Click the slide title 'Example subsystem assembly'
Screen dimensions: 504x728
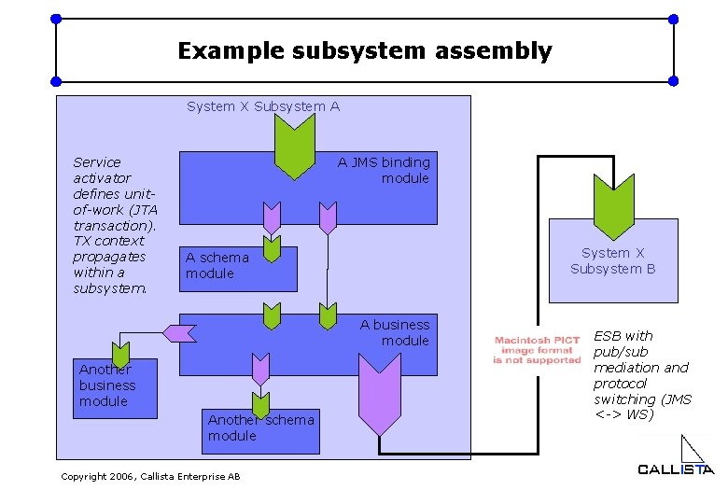365,50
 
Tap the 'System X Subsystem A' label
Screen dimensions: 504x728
263,106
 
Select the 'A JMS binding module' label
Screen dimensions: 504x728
384,170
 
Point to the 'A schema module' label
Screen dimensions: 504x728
217,265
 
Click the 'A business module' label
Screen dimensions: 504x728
395,332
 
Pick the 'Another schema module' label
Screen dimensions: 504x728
261,427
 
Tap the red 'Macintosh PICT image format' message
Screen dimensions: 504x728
537,349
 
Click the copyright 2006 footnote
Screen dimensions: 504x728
150,477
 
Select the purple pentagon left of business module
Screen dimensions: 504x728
178,330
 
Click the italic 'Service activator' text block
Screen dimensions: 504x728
115,225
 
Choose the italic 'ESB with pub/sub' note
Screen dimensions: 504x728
642,374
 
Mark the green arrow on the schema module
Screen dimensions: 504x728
271,248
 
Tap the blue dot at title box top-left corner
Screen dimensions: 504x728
56,19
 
